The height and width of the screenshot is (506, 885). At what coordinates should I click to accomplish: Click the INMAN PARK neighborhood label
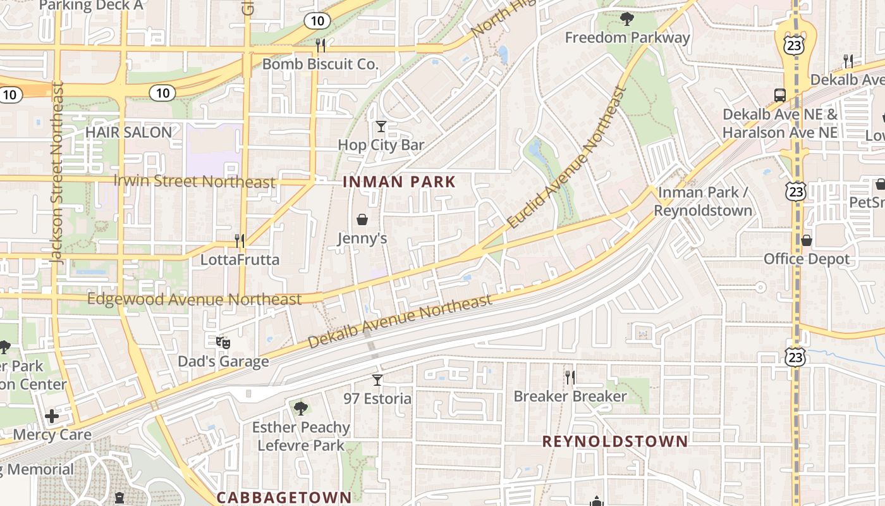point(399,182)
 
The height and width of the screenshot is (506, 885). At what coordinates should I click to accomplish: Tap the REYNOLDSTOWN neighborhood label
point(615,441)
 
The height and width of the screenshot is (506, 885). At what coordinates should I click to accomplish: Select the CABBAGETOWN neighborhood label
point(284,497)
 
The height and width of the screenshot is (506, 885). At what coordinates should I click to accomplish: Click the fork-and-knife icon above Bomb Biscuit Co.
point(320,45)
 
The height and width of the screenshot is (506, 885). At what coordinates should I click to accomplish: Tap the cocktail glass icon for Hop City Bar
point(381,126)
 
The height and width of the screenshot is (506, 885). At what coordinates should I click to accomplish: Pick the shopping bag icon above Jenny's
point(362,219)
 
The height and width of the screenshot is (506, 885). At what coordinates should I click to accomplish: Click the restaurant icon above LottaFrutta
point(240,240)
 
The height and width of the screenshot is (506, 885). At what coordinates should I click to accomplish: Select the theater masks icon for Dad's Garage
point(223,343)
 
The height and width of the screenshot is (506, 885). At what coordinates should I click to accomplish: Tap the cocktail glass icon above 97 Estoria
point(377,379)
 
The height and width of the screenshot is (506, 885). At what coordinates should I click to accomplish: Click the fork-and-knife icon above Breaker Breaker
point(570,378)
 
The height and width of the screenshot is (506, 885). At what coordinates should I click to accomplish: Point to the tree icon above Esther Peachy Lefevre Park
point(300,408)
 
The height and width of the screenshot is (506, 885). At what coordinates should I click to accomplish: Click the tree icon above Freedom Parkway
point(626,19)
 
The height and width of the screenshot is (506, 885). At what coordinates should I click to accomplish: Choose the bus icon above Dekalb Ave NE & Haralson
point(780,96)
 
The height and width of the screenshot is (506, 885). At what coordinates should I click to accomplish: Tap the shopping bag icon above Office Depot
point(806,240)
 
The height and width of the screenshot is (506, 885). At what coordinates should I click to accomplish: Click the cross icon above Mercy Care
point(52,416)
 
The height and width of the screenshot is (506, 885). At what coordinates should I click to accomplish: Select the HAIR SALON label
point(128,132)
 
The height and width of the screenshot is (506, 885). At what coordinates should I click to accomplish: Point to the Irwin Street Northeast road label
point(195,182)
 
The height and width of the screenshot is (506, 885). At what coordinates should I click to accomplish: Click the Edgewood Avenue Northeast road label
point(195,299)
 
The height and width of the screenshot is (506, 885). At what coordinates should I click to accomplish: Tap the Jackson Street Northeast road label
point(57,172)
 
